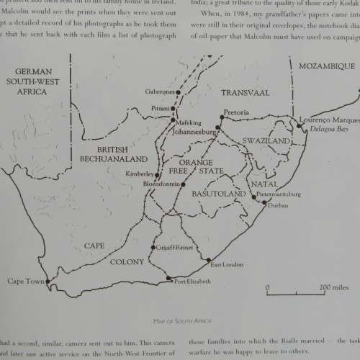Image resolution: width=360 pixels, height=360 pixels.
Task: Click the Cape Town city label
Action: click(x=24, y=281)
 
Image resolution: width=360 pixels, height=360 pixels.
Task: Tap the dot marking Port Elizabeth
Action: click(x=168, y=278)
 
